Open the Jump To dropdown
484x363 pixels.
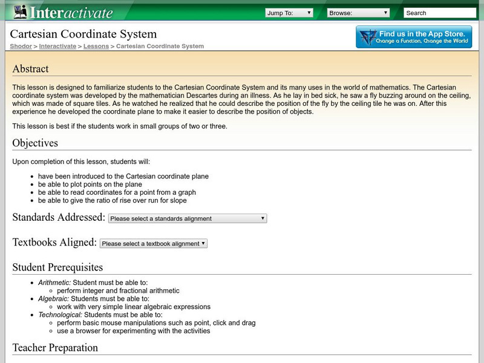289,13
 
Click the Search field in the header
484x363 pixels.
439,13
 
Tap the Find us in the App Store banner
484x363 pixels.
414,37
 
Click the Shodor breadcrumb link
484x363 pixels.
21,46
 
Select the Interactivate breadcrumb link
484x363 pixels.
58,46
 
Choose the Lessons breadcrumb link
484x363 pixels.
96,46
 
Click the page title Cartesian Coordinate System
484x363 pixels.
83,34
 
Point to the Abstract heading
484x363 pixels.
30,69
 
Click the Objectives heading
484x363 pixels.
35,143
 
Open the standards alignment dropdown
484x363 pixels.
188,218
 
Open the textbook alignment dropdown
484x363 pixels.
154,243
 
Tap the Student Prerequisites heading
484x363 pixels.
57,267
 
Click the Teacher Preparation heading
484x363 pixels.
55,348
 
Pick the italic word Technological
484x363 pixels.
60,315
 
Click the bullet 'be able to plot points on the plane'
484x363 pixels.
90,185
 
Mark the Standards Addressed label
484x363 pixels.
59,218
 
